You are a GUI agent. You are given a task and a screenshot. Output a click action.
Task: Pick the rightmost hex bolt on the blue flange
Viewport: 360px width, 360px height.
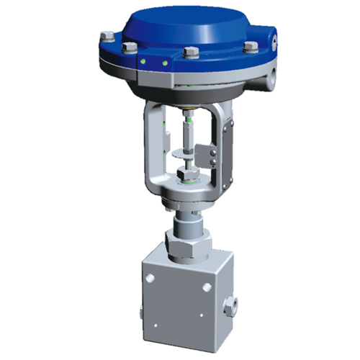[251, 48]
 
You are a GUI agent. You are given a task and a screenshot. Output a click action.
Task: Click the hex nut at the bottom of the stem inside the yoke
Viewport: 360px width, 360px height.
[184, 174]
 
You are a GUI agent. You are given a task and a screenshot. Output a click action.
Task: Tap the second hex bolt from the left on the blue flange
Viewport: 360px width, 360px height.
[130, 48]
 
